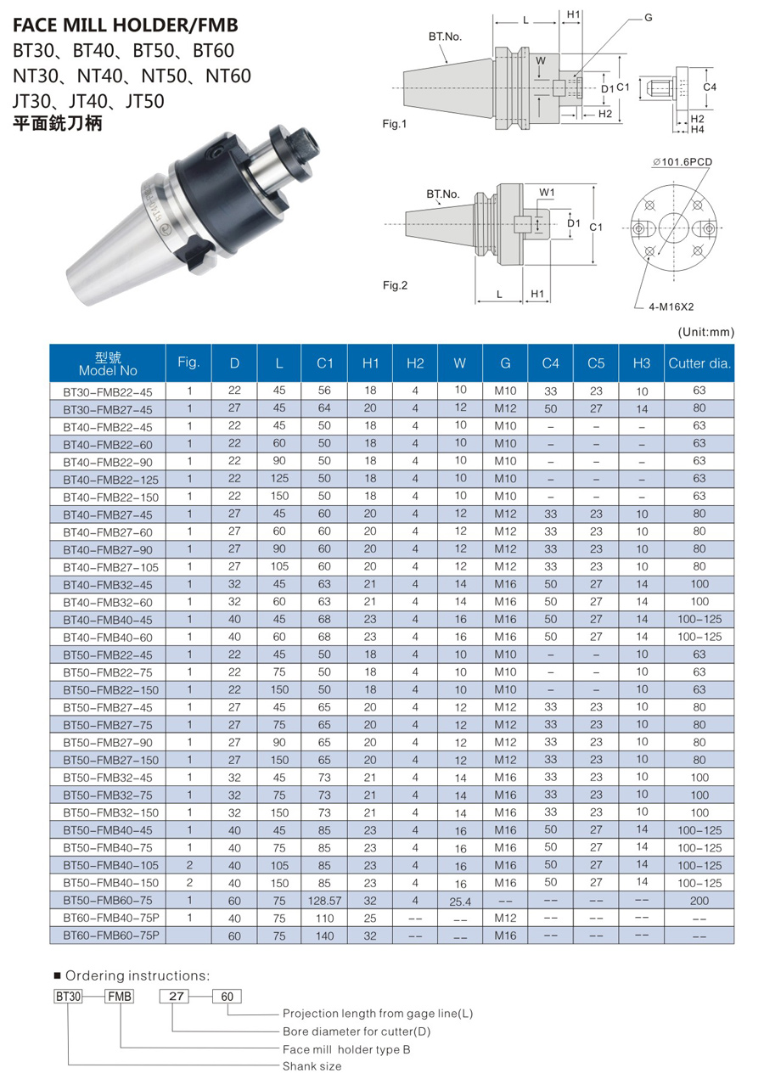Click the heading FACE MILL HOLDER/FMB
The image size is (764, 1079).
pos(126,25)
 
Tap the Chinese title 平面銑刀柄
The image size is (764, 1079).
pos(58,124)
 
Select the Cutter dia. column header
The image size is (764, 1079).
pos(699,363)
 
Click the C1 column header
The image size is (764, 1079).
pos(324,363)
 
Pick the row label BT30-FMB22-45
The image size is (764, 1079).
pos(108,391)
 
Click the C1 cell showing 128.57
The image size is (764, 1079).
pos(324,901)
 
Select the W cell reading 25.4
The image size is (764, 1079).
pos(460,902)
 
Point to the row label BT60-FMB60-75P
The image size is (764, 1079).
pos(111,936)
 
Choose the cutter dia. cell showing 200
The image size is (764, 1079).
pos(699,901)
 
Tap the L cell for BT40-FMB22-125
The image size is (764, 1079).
pos(279,479)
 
